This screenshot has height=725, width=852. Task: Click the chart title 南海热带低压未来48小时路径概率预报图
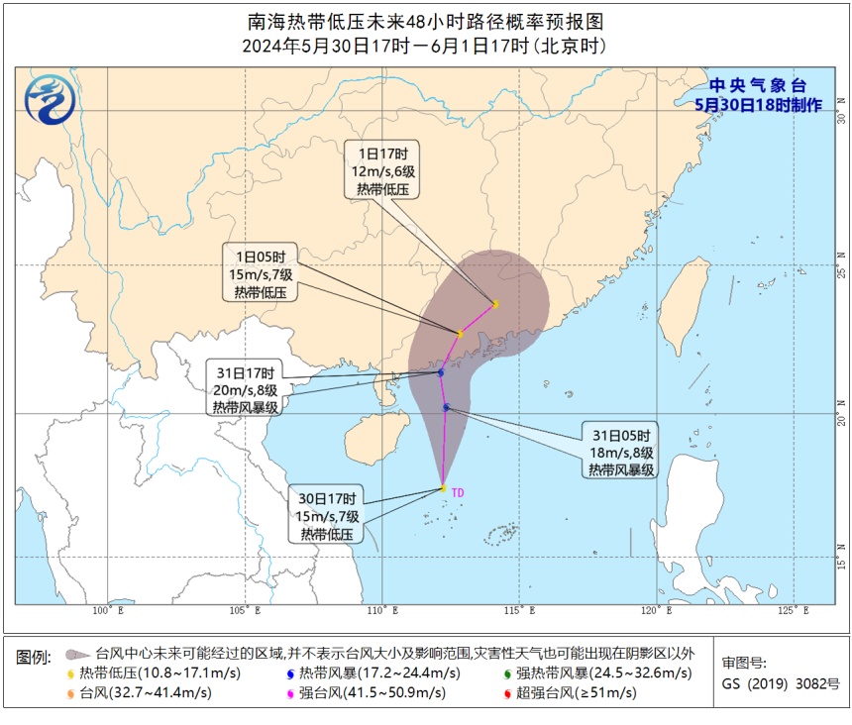point(425,21)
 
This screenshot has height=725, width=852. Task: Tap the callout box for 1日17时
point(383,169)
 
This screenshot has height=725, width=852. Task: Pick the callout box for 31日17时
point(244,390)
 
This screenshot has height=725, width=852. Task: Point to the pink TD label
point(458,490)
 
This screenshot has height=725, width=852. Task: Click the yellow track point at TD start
point(443,487)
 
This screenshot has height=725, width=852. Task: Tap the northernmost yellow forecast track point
point(494,303)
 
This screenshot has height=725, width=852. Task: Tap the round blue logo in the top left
point(44,101)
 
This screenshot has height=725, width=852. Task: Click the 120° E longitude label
point(652,611)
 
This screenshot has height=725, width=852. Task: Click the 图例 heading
point(34,657)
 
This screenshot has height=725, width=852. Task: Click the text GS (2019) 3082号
point(780,683)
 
